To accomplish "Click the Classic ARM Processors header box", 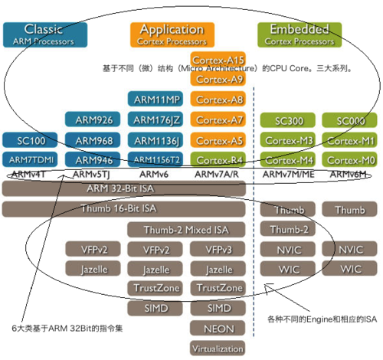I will (44, 33).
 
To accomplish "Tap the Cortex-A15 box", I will (219, 60).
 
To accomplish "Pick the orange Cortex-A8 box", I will (219, 99).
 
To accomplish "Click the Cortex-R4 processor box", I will (219, 159).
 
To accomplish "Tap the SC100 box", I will (30, 139).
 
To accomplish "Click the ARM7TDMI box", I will (30, 159).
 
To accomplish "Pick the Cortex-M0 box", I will (349, 159).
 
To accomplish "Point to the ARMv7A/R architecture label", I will (219, 175).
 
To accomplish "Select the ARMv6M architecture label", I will (349, 175).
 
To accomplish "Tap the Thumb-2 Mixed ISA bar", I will (188, 229).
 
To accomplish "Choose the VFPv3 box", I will (219, 249).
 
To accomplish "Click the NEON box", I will (219, 327).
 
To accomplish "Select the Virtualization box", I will (219, 347).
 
